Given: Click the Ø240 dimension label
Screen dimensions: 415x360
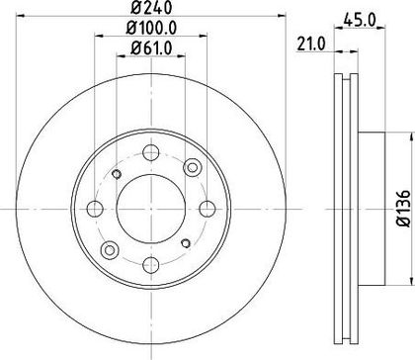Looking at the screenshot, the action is click(x=151, y=7).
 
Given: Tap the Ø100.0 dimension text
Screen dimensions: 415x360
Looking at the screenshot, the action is click(x=151, y=28).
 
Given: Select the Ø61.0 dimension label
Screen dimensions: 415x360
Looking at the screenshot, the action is click(x=151, y=48).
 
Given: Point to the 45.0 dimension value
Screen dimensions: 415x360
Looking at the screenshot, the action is click(x=360, y=21).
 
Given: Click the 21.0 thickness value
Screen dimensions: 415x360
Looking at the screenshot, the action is click(x=311, y=45).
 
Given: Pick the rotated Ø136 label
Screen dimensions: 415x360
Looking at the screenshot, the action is click(x=404, y=209).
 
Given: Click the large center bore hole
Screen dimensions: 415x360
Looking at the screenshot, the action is click(x=151, y=209).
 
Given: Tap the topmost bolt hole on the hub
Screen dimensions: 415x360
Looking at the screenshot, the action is click(x=151, y=152).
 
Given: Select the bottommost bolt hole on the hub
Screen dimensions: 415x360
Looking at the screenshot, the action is click(x=151, y=265).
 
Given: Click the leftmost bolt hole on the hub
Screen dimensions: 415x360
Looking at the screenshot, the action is click(x=95, y=209).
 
